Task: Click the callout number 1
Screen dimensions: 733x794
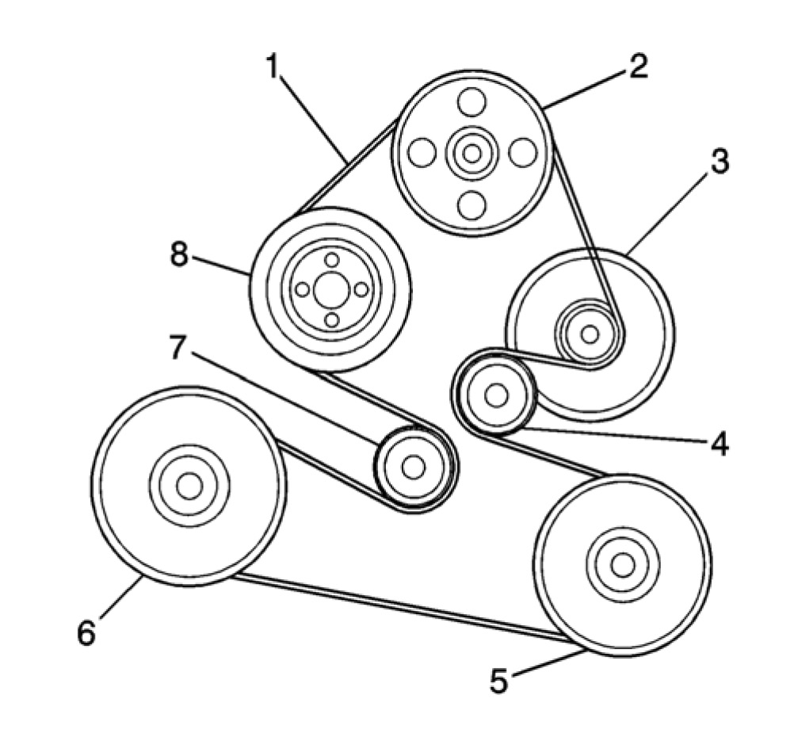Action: (273, 68)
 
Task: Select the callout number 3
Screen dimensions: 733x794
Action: (717, 162)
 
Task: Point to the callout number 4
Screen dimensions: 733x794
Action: (719, 445)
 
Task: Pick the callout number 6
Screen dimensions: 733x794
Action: (86, 632)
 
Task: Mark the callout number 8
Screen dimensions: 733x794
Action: (180, 255)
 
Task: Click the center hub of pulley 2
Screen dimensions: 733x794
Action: (472, 153)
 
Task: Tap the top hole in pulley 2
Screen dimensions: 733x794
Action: (472, 102)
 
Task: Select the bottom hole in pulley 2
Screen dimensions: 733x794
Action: (472, 204)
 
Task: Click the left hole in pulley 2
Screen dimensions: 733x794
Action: (422, 153)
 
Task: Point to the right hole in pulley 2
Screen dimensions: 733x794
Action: (523, 153)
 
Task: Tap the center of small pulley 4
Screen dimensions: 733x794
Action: (496, 395)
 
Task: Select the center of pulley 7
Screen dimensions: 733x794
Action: (413, 468)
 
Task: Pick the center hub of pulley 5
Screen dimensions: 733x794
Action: (623, 564)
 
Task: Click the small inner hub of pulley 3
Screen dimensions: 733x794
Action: (589, 334)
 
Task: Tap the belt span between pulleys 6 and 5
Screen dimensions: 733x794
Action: (396, 606)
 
